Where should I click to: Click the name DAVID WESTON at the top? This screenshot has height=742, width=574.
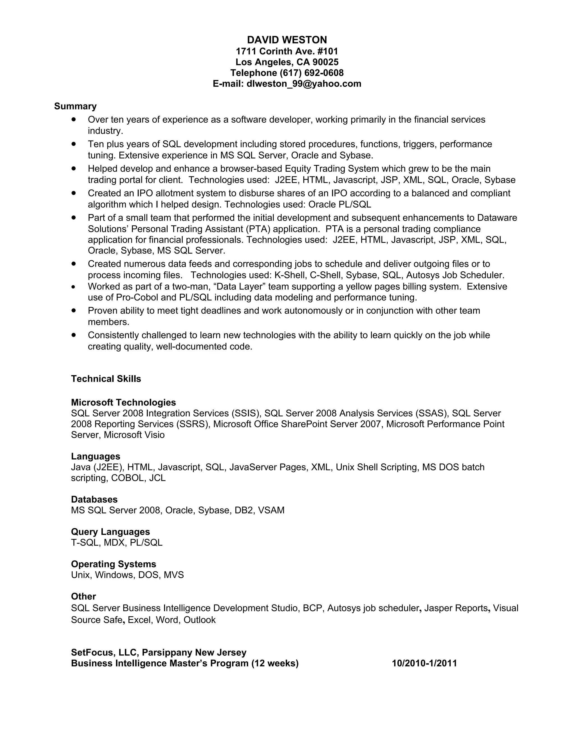pos(287,40)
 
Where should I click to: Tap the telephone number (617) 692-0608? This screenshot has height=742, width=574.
pos(311,73)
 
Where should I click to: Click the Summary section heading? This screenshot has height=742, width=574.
pos(75,106)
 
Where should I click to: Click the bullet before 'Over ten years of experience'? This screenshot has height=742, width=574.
pos(73,120)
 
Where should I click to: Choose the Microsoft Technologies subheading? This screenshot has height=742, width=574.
pos(123,403)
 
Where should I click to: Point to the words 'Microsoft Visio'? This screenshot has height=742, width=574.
pos(134,435)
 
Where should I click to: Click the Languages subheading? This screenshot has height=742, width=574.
pos(96,456)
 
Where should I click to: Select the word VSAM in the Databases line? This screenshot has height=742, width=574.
pos(271,510)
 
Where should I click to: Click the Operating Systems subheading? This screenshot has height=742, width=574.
pos(114,564)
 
